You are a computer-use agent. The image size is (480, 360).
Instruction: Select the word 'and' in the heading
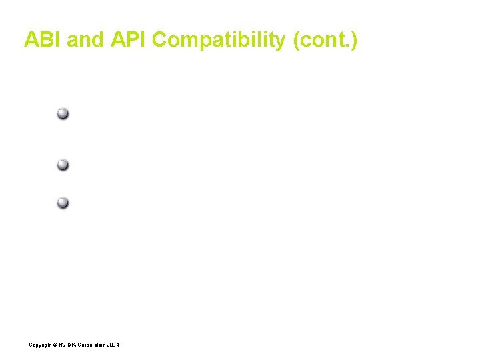coord(85,40)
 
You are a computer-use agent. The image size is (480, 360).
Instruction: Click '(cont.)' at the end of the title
coord(325,41)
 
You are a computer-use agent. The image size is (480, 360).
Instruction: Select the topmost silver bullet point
coord(63,113)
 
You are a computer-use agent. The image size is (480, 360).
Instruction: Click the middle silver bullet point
coord(63,165)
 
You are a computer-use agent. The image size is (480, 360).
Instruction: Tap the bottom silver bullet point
coord(63,203)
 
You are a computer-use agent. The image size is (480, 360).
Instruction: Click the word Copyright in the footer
coord(40,345)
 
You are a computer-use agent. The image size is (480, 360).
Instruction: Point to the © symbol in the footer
coord(55,345)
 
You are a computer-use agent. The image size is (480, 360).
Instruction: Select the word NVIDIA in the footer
coord(68,345)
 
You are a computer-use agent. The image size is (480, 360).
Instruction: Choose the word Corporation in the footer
coord(93,345)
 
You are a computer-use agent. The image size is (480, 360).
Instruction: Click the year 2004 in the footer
coord(113,345)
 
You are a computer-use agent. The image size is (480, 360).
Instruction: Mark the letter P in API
coord(131,40)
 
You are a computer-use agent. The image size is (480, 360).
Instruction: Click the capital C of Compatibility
coord(160,40)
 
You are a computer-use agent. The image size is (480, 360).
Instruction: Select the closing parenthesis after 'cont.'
coord(354,41)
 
